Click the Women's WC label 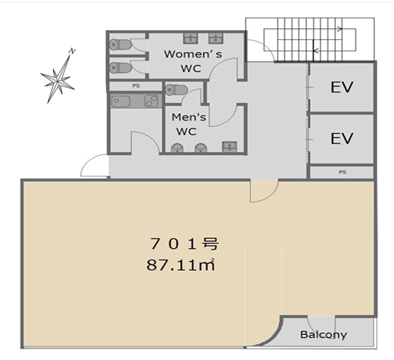193,61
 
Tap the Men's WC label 188,124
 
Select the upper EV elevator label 342,87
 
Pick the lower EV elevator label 342,138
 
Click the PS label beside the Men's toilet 136,85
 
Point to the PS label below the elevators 343,172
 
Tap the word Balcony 324,334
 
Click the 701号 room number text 184,244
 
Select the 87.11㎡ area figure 181,265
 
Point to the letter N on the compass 73,51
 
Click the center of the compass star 57,81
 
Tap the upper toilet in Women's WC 120,45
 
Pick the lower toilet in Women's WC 120,68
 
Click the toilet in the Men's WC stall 176,90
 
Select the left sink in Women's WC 191,38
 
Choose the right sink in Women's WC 216,38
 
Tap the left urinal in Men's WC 177,147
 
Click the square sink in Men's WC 229,147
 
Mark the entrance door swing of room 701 264,191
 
